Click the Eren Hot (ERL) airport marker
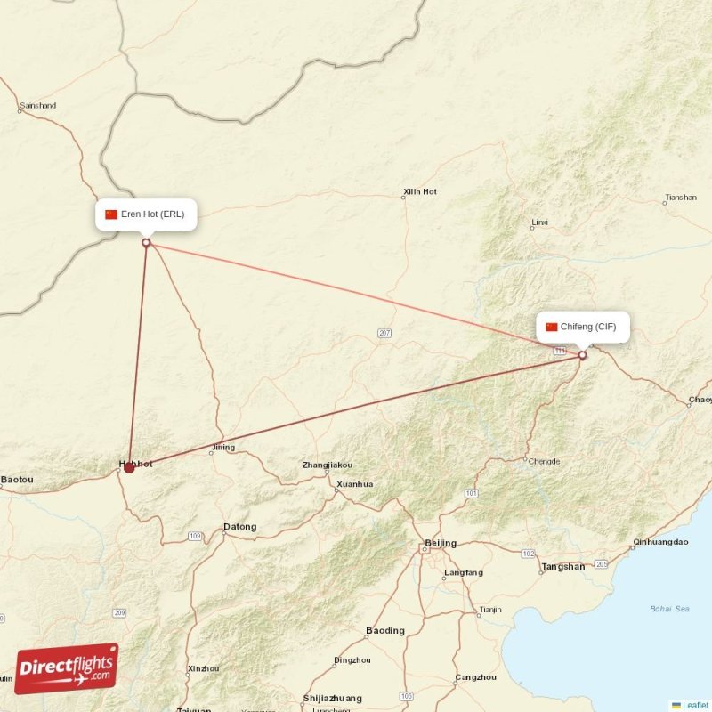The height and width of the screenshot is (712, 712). click(146, 242)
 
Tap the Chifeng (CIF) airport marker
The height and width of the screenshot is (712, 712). click(583, 355)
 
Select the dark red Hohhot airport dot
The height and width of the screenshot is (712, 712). click(129, 467)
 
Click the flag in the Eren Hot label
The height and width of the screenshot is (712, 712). click(111, 214)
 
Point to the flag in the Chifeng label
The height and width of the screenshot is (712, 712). click(551, 327)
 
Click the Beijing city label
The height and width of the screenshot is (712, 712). click(441, 543)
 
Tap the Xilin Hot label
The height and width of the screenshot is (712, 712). click(420, 191)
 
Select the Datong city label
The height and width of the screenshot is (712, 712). click(239, 527)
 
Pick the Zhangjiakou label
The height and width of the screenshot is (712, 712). click(328, 465)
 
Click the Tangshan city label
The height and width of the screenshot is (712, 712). click(563, 566)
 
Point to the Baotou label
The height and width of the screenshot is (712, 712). click(17, 480)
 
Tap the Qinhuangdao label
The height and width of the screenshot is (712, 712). click(660, 541)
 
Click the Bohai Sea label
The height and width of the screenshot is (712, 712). click(669, 609)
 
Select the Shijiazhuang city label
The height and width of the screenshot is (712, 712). click(333, 699)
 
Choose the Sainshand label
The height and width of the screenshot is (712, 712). click(37, 106)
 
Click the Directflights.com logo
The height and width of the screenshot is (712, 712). click(67, 668)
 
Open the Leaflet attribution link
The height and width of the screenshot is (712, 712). click(695, 705)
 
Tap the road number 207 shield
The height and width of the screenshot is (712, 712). click(384, 333)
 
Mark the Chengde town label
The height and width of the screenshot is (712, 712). click(544, 461)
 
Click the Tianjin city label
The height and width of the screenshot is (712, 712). click(490, 611)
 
